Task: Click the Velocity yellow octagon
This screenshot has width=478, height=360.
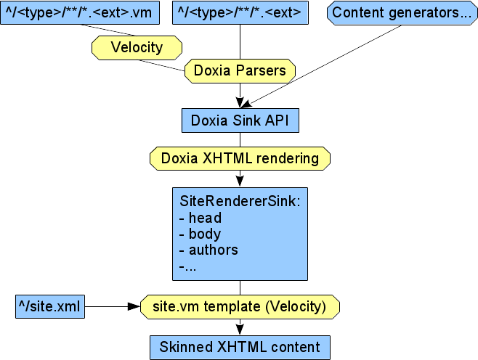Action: click(x=136, y=48)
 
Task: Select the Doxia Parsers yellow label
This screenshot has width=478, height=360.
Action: click(x=240, y=71)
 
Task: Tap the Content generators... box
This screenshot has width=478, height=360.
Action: click(x=402, y=12)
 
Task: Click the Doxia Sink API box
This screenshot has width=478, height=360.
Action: click(x=240, y=120)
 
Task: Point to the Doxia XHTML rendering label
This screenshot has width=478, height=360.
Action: click(x=240, y=157)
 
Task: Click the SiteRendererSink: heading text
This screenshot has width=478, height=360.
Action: click(x=239, y=200)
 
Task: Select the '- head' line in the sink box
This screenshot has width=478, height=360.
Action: click(x=200, y=218)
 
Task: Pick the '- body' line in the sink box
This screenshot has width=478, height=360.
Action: click(x=200, y=234)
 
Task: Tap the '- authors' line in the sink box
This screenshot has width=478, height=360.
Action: click(x=208, y=250)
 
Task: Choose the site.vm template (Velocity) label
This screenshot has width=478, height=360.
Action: click(x=240, y=306)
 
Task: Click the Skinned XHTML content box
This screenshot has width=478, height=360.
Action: click(x=240, y=346)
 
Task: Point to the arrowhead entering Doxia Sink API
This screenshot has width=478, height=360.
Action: click(x=240, y=103)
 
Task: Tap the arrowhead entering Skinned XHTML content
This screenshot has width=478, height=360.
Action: click(x=240, y=329)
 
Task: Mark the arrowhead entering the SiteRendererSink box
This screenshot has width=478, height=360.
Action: click(x=240, y=180)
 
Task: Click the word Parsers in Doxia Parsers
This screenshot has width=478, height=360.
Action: click(x=265, y=71)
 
